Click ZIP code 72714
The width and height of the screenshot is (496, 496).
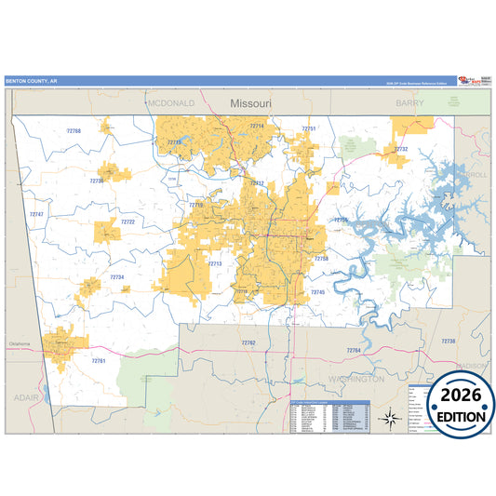point(257,126)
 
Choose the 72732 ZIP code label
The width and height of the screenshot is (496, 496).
point(400,149)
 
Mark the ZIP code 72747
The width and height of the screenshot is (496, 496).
point(36,214)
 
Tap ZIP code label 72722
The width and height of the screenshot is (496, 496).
point(127,222)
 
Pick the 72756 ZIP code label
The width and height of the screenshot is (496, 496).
point(341,220)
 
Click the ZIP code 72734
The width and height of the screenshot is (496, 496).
point(116,276)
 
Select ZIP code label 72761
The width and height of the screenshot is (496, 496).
point(99,360)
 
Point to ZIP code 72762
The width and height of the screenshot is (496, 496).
point(248,342)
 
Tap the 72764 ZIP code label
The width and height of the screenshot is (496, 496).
point(353,350)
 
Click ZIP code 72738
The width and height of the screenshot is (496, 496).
point(448,342)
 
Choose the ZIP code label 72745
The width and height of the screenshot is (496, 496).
point(318,292)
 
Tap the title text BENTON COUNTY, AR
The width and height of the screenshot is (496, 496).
point(31,81)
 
